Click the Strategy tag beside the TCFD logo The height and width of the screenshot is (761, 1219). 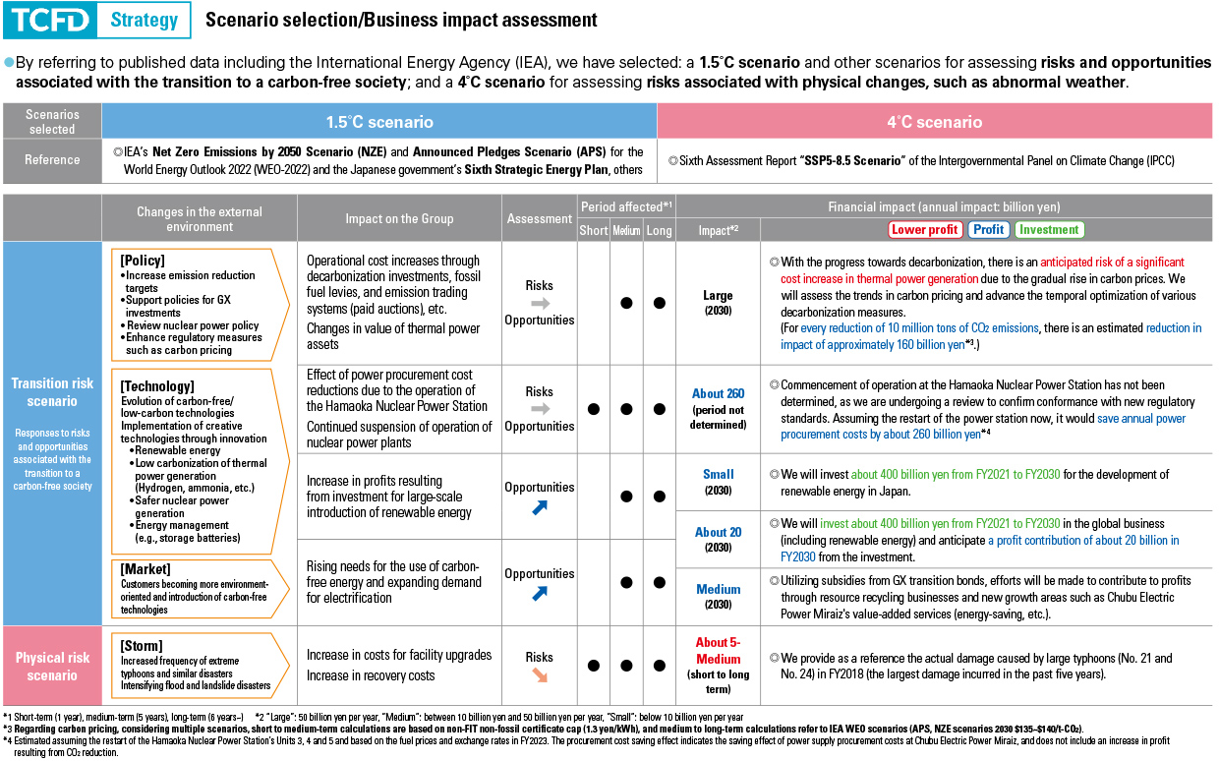click(144, 20)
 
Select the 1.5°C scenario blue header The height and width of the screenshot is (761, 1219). click(379, 122)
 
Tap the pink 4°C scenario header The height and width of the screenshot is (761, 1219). click(935, 122)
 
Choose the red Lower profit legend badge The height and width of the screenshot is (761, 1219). click(924, 229)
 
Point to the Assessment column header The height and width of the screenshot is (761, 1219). click(539, 218)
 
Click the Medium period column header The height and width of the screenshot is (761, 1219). click(626, 230)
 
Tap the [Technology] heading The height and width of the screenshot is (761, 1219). click(157, 385)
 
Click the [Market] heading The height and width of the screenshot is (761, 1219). click(145, 569)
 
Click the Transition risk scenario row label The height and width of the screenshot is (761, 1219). click(52, 393)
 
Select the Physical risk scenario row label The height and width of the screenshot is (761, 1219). click(52, 666)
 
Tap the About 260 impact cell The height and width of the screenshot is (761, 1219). click(719, 393)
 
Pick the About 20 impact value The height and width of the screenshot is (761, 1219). click(719, 532)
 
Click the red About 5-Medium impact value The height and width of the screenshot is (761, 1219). click(719, 650)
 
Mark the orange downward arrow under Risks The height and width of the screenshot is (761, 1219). click(540, 676)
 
